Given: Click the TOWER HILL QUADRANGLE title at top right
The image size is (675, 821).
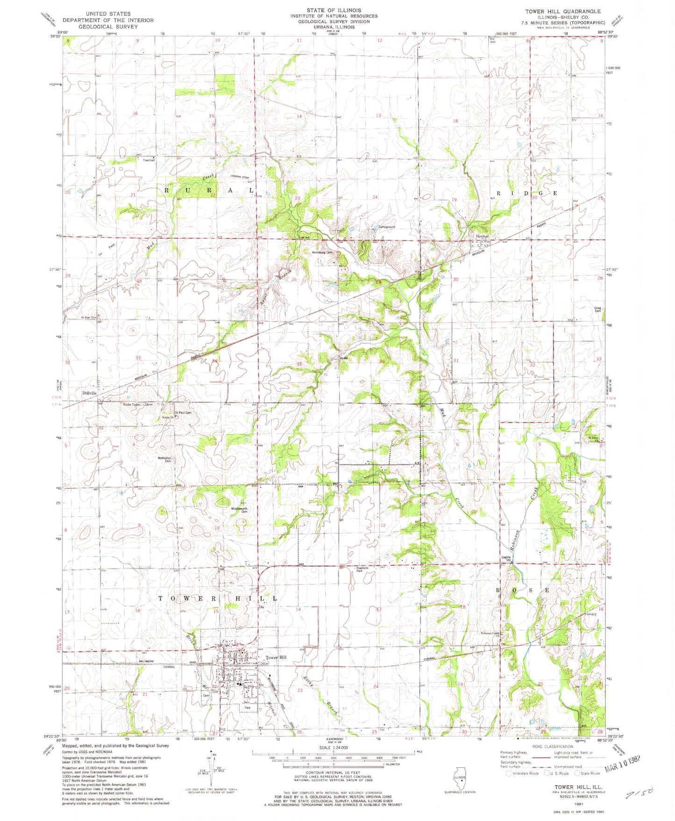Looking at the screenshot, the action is click(563, 11).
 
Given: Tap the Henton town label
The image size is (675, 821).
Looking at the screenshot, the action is click(482, 236).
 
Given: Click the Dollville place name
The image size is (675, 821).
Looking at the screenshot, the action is click(89, 393).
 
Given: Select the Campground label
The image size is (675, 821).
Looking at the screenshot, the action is click(386, 227).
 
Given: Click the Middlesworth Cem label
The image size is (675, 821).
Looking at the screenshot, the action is click(239, 510).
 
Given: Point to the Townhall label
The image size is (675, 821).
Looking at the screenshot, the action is click(149, 160).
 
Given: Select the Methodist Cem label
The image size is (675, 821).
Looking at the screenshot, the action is click(164, 459).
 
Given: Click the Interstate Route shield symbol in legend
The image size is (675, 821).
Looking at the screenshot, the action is click(509, 773).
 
